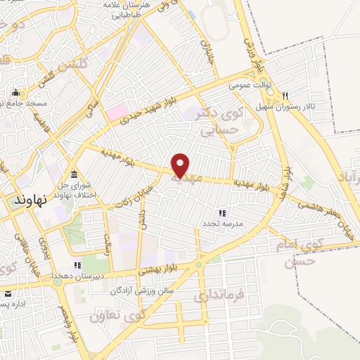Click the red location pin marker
(x=181, y=165)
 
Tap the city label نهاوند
(x=30, y=199)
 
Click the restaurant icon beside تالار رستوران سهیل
(x=285, y=96)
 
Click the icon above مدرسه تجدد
(x=221, y=212)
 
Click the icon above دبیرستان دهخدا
(x=77, y=265)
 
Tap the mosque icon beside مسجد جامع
(x=15, y=93)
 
